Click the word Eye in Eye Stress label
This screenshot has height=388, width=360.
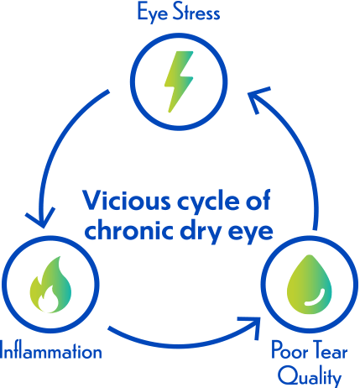pyautogui.click(x=151, y=13)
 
